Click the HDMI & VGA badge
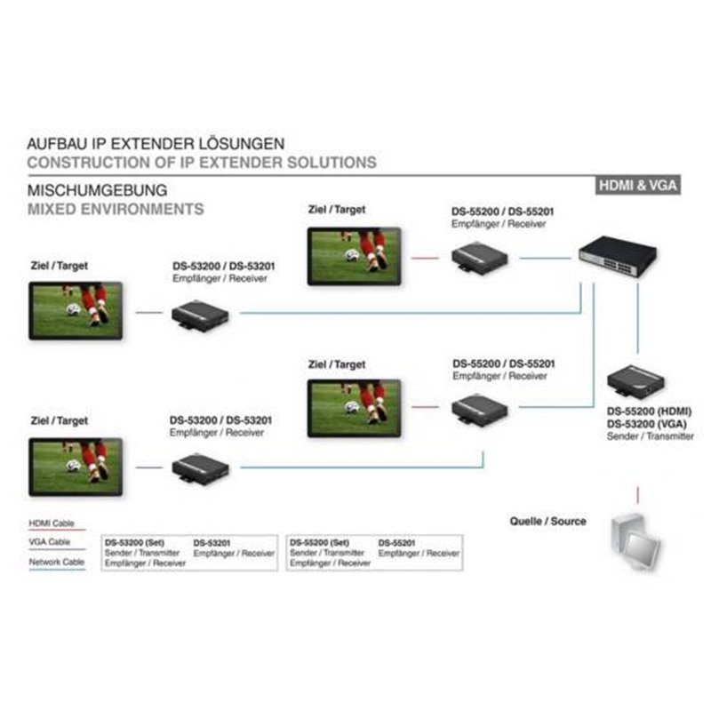(x=637, y=185)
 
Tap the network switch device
(x=618, y=257)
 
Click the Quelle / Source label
(x=547, y=521)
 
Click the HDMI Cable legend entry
(x=52, y=523)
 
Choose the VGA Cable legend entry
(x=50, y=542)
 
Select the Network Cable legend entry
(x=57, y=562)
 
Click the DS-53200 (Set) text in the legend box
(x=134, y=542)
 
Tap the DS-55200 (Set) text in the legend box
(x=319, y=542)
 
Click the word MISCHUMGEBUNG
(x=97, y=190)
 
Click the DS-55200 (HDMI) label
(x=649, y=411)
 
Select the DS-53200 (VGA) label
(x=647, y=424)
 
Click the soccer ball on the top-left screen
(x=73, y=309)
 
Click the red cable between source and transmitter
(x=637, y=495)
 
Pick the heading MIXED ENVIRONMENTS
(x=116, y=209)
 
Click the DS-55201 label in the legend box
(x=396, y=543)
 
